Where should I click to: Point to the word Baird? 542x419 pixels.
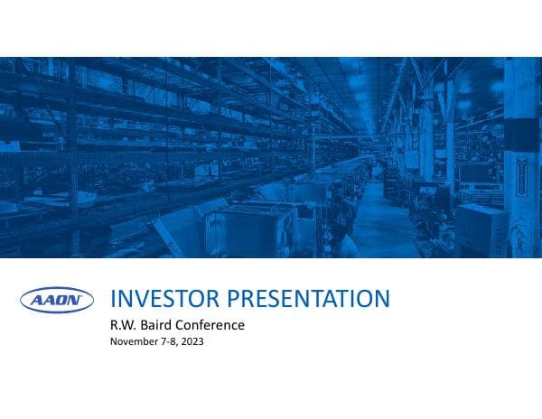160,324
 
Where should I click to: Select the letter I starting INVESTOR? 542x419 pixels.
111,299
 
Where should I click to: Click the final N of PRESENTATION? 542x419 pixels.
383,299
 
